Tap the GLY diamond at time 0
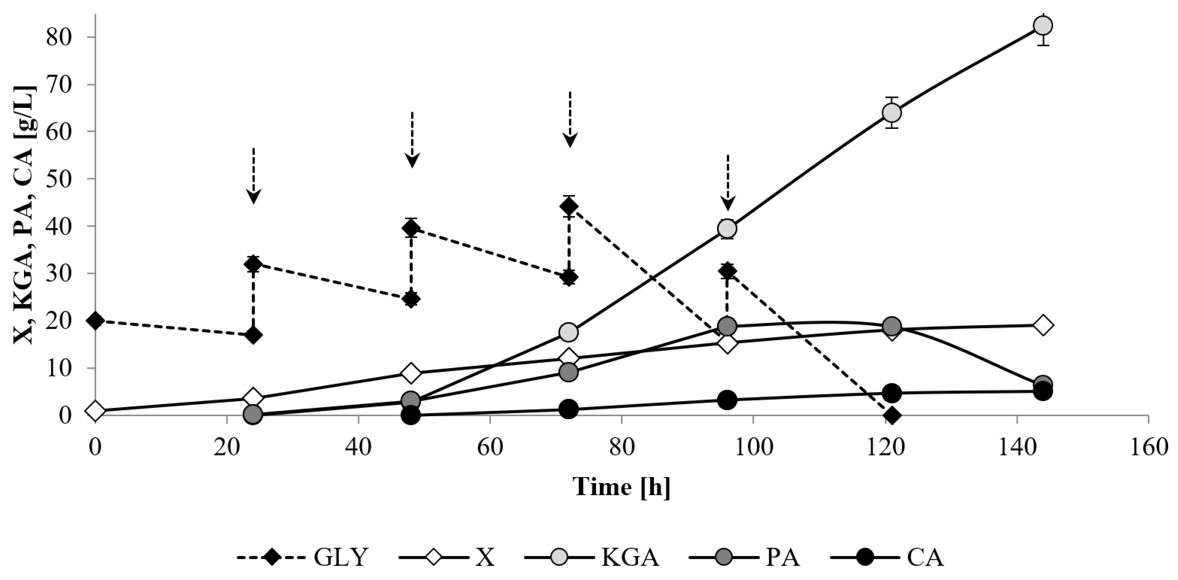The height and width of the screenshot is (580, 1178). [x=95, y=321]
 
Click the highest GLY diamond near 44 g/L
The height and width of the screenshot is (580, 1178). [x=569, y=206]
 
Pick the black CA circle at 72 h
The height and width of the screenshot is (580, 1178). [x=569, y=409]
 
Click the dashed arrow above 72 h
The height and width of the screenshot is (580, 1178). [x=570, y=119]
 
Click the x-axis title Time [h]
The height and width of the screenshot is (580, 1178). [x=622, y=487]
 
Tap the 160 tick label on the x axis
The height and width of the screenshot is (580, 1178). [x=1149, y=447]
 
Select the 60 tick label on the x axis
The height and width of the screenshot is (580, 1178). [x=490, y=447]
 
